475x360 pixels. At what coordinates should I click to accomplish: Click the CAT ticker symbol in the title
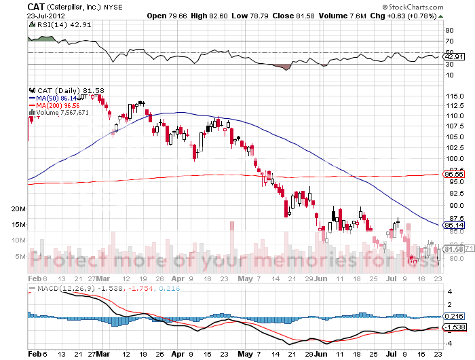37,6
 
